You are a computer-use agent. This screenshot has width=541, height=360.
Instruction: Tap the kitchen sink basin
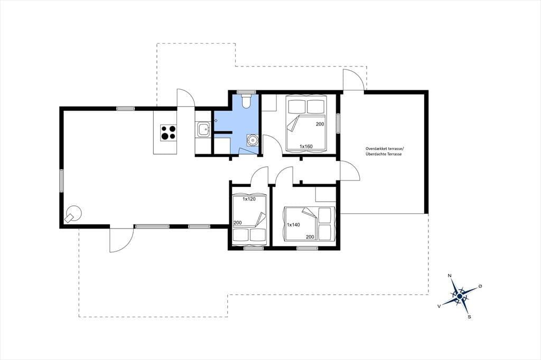tap(203, 129)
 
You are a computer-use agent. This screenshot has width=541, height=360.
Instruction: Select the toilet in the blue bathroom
tap(246, 101)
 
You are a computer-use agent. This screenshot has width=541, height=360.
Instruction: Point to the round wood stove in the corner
tap(73, 213)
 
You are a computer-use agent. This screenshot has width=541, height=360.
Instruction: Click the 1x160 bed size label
tap(306, 147)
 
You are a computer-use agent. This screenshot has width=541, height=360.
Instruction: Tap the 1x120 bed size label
tap(249, 199)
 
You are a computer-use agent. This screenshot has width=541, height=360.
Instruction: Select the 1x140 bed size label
tap(293, 225)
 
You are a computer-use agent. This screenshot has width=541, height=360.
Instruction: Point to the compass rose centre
tap(460, 296)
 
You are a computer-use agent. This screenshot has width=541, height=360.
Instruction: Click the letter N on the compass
tap(450, 276)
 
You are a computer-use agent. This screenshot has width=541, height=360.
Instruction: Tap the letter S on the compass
tap(469, 317)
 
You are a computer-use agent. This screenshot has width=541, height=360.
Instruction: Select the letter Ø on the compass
tap(480, 286)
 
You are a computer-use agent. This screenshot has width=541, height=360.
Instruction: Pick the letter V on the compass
tap(439, 306)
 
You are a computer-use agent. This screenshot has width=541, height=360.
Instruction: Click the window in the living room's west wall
tap(62, 181)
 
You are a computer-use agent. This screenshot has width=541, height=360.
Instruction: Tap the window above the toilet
tap(246, 92)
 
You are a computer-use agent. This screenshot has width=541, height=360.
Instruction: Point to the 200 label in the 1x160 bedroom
tap(320, 124)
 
